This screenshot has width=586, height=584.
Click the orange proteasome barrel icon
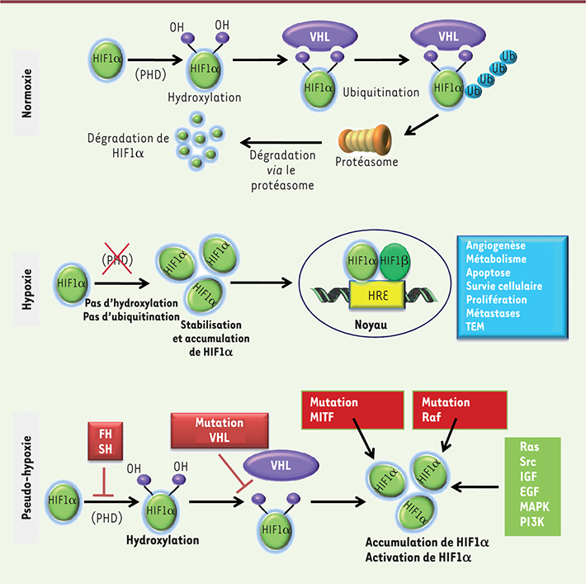365,140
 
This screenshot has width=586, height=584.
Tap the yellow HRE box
377,295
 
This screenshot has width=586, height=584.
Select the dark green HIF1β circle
395,262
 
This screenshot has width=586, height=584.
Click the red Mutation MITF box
352,410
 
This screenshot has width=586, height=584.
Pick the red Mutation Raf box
460,410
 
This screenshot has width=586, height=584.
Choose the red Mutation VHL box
220,430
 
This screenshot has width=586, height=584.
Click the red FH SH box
106,441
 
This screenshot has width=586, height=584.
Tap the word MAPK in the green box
535,506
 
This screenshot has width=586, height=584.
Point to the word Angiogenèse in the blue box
495,245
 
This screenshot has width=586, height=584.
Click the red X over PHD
117,259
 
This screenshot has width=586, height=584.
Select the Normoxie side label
26,93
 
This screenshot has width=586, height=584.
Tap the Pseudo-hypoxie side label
26,477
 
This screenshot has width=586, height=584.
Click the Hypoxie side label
26,289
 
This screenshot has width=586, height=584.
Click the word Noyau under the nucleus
371,325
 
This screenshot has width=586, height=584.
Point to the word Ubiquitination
380,93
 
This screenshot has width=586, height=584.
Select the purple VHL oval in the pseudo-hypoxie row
281,465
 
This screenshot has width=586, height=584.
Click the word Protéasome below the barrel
366,162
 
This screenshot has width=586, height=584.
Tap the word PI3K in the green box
532,521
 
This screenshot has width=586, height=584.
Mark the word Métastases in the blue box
493,313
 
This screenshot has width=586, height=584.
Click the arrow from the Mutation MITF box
364,438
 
